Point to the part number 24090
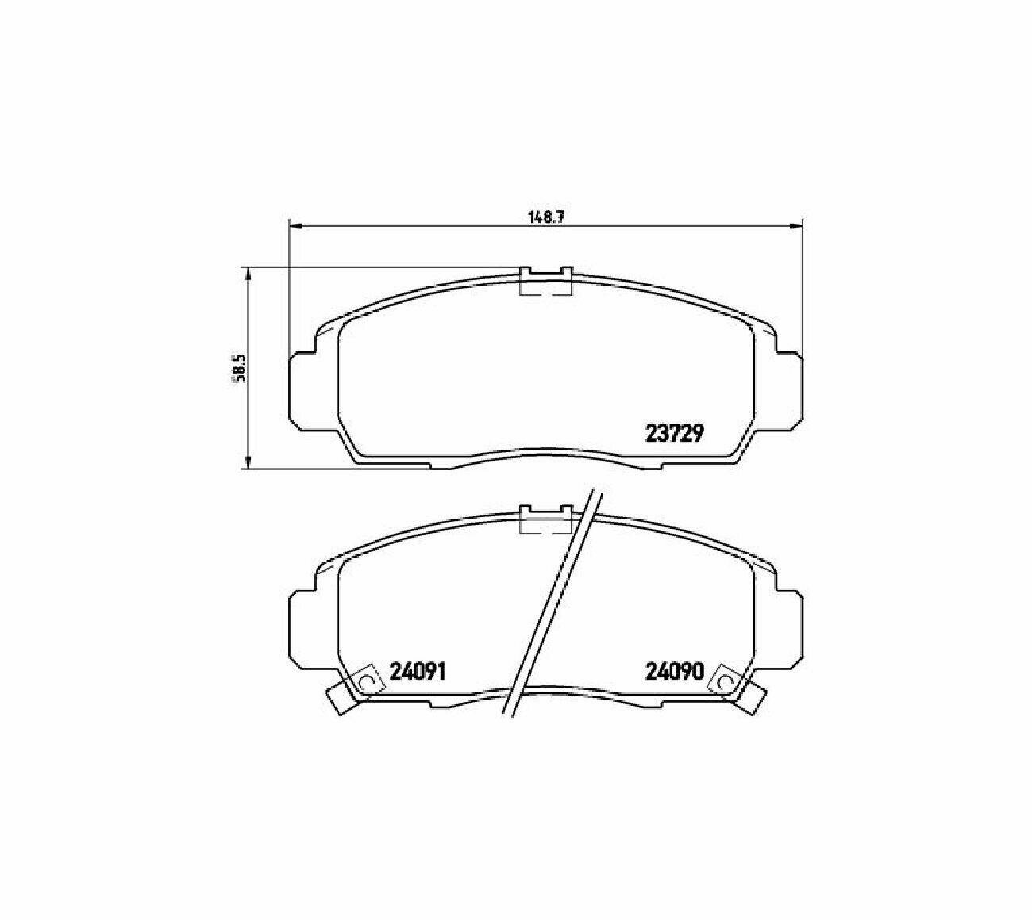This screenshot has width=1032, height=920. (675, 672)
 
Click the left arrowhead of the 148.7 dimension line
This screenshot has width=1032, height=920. (294, 226)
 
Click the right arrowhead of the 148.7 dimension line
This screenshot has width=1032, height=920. (797, 226)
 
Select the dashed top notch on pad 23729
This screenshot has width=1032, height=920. (545, 283)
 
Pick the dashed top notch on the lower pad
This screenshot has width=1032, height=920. (545, 519)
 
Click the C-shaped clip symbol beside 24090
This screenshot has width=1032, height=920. (725, 680)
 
